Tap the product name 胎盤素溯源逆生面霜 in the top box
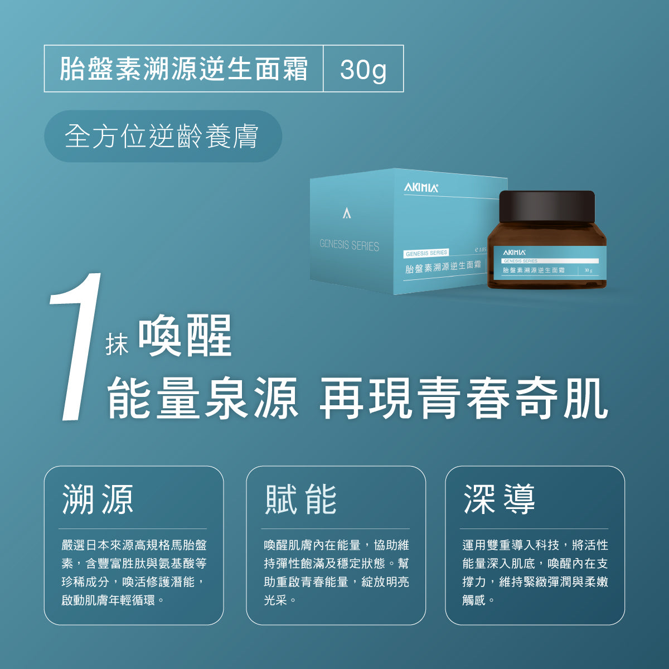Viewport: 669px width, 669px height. tap(183, 69)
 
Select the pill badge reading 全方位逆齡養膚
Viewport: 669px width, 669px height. tap(163, 136)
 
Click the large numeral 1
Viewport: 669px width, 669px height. tap(76, 346)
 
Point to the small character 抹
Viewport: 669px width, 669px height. tap(117, 344)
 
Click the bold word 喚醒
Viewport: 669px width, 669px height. tap(185, 335)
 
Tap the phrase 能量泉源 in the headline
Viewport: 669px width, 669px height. tap(202, 398)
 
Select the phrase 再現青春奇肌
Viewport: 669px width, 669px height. tap(464, 398)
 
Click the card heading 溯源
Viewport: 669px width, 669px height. tap(98, 499)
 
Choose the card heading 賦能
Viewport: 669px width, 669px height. tap(300, 499)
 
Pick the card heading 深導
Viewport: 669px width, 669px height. tap(500, 499)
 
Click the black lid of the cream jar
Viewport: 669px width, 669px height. tap(547, 207)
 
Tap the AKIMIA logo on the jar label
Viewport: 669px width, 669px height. tap(514, 253)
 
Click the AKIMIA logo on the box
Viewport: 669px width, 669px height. tap(421, 188)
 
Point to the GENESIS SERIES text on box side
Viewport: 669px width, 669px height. tap(349, 245)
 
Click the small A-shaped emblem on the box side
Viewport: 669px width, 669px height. tap(347, 213)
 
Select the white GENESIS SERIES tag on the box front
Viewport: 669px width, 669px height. tap(426, 253)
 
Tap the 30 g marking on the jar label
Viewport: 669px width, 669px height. tap(588, 270)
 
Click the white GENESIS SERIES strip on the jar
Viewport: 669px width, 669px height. tap(550, 261)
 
